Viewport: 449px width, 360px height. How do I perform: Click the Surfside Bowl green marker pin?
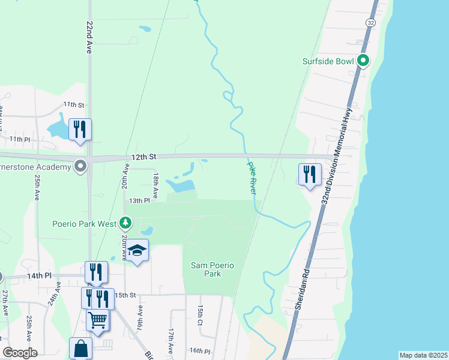point(363,60)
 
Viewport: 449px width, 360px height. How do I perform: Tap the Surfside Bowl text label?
point(330,61)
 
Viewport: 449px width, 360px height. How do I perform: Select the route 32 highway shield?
point(370,22)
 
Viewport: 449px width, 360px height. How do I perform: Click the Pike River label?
point(252,177)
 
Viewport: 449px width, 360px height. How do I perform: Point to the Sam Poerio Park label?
point(206,269)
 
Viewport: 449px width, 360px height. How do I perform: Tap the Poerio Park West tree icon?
point(125,224)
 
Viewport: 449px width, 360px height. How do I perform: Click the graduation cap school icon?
point(137,251)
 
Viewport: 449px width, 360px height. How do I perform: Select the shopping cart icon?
point(98,319)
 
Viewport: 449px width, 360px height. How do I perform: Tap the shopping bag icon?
point(80,348)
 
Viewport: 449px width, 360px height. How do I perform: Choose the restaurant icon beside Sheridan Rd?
point(310,175)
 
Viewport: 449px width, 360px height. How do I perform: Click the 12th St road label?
point(144,157)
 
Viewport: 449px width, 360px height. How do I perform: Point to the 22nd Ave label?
point(89,37)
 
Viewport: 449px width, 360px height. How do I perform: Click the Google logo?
point(20,353)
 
